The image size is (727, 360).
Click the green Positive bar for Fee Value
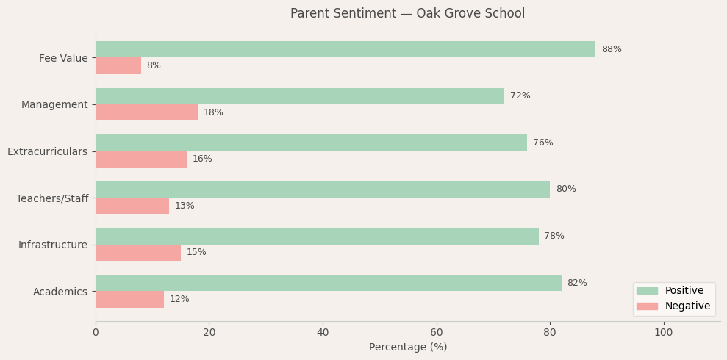(345, 49)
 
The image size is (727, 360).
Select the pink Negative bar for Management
(147, 112)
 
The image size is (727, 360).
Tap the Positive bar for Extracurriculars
(311, 143)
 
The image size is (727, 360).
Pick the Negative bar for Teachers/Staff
(132, 206)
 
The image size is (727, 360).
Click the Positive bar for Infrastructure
(317, 236)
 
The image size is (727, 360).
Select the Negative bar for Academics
(129, 299)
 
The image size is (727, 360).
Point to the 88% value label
(611, 49)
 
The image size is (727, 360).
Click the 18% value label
(213, 112)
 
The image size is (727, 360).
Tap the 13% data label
(185, 206)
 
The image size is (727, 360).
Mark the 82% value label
(577, 283)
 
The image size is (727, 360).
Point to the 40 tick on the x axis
(323, 333)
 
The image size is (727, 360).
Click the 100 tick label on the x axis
(663, 333)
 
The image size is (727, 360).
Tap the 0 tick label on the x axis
(96, 333)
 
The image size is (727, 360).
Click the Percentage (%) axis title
(408, 348)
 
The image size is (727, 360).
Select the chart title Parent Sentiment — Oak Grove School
(407, 14)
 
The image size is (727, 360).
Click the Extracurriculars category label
(47, 151)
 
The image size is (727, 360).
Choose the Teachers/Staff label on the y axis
(52, 198)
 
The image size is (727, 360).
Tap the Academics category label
(60, 292)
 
